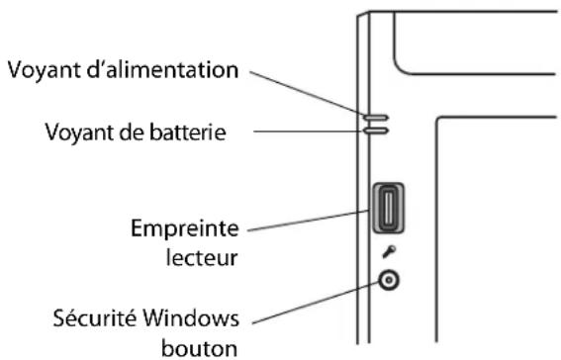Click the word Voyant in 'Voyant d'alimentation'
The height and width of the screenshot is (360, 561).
tap(39, 71)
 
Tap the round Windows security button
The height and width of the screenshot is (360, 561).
tap(390, 282)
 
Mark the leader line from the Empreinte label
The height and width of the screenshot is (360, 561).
tap(307, 223)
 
